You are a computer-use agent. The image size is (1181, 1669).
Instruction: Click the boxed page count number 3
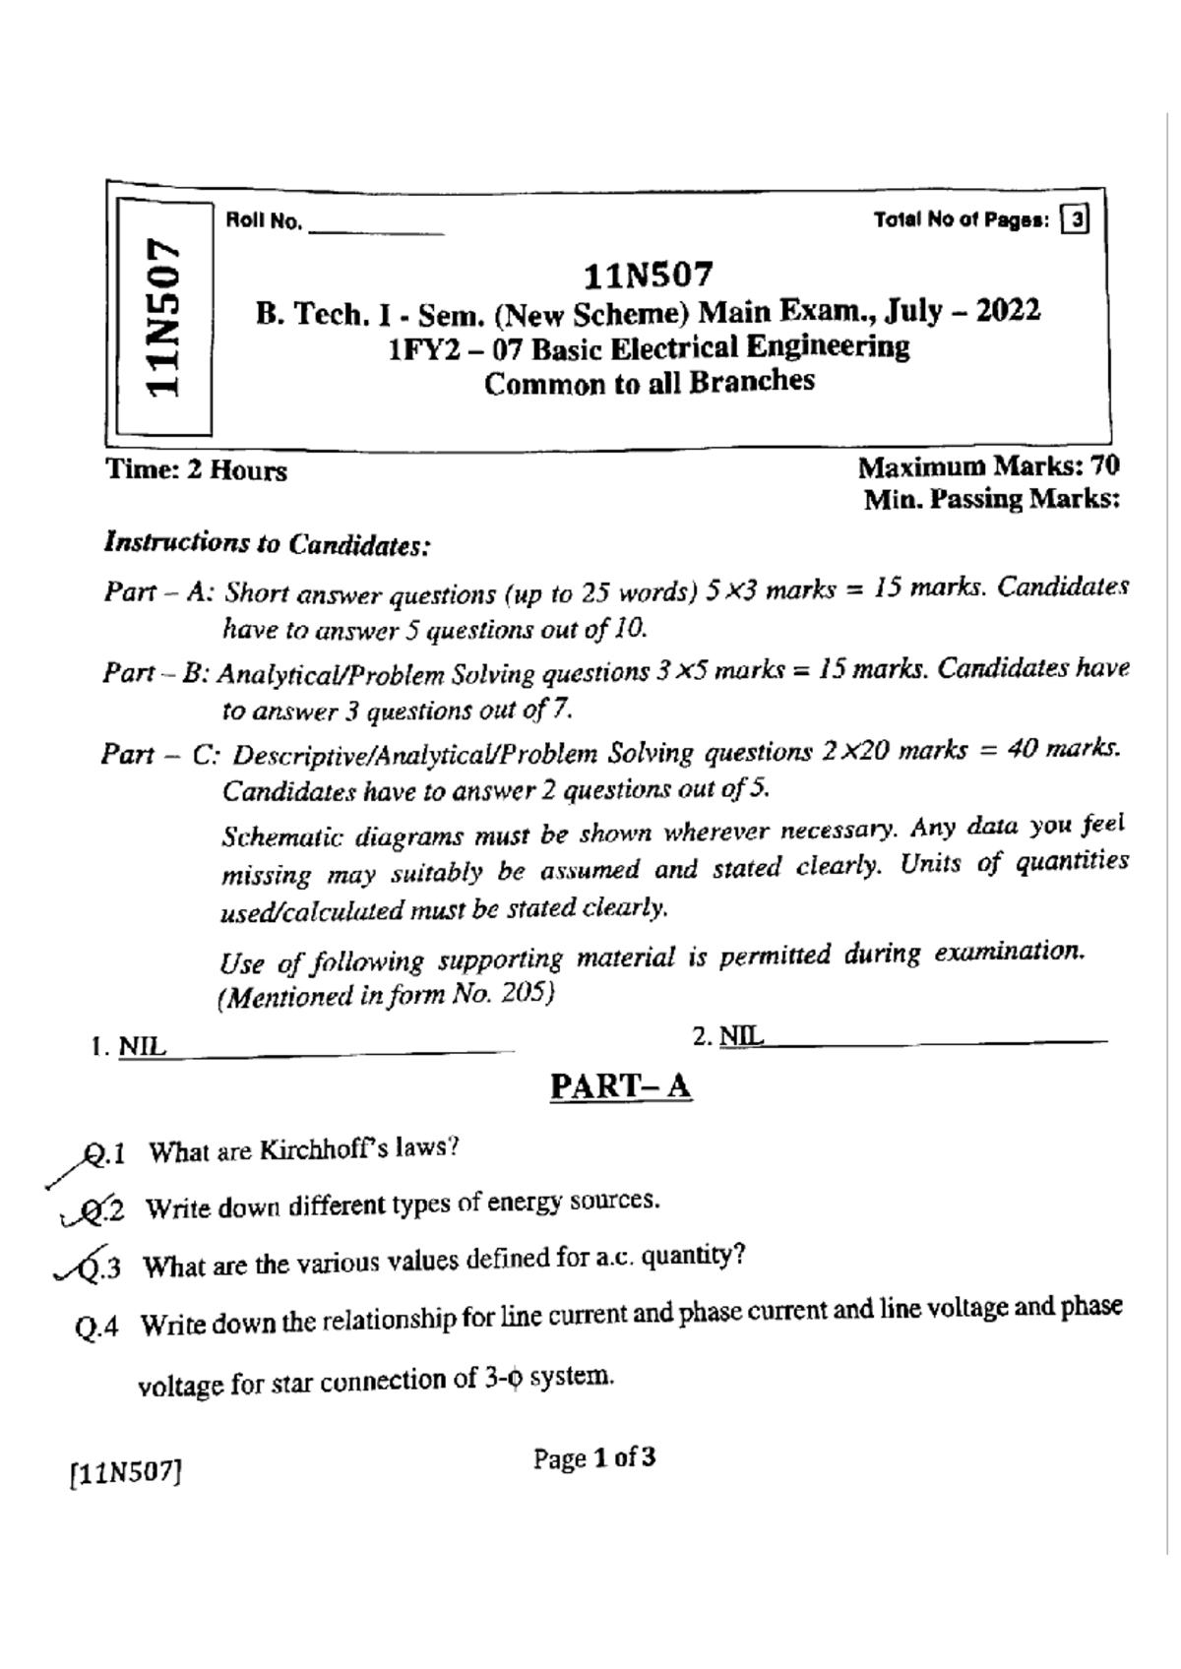[x=1077, y=220]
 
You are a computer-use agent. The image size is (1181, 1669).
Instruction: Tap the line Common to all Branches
[x=650, y=382]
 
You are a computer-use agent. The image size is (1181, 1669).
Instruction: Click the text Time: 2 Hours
[x=197, y=470]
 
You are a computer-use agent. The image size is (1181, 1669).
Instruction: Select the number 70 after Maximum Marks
[x=1101, y=465]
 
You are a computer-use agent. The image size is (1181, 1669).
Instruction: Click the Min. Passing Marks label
[x=990, y=500]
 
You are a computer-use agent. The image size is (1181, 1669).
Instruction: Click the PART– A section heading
[x=620, y=1086]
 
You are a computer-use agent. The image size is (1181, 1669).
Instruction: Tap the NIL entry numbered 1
[x=143, y=1047]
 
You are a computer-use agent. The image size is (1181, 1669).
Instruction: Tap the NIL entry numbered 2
[x=741, y=1036]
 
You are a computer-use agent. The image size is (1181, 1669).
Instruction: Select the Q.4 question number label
[x=96, y=1328]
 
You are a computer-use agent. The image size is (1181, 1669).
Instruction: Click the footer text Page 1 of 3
[x=594, y=1458]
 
